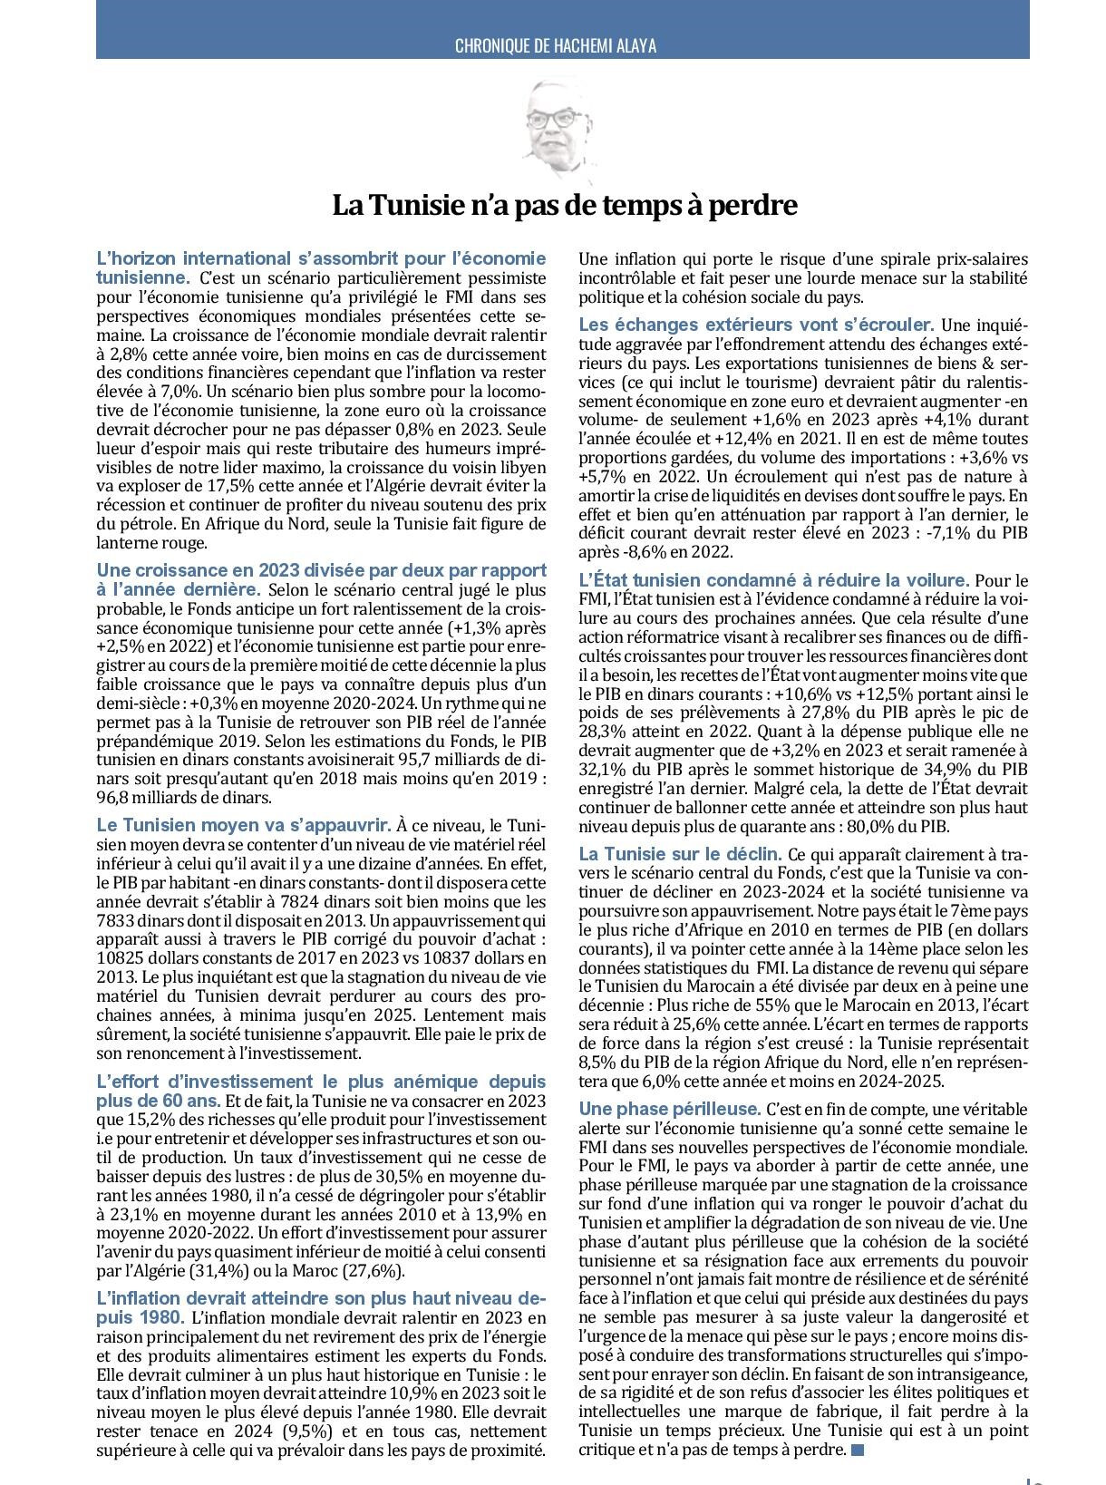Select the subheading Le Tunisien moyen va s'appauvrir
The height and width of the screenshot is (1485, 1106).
(x=244, y=825)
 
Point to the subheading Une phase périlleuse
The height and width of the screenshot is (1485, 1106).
(x=669, y=1109)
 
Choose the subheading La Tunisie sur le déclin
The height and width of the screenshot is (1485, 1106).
(x=680, y=854)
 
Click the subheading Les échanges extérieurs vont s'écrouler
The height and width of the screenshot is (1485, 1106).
(x=756, y=325)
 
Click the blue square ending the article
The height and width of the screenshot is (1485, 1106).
(x=858, y=1450)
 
